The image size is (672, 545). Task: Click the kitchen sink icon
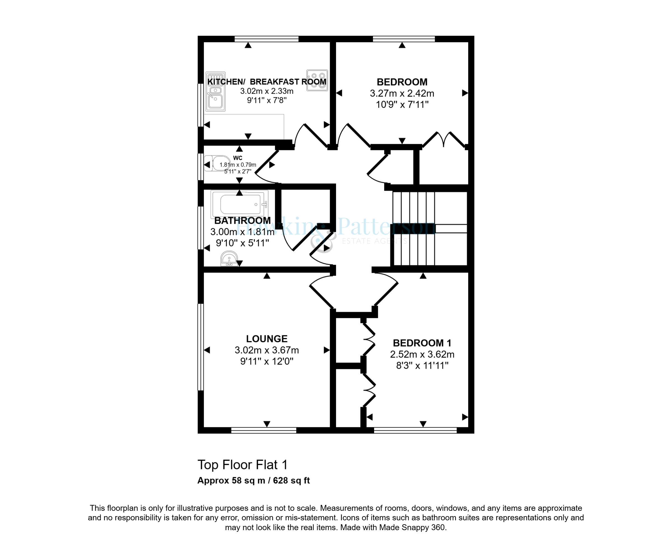pyautogui.click(x=215, y=91)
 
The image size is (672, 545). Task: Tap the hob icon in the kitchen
pyautogui.click(x=317, y=80)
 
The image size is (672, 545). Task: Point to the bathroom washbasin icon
pyautogui.click(x=229, y=259)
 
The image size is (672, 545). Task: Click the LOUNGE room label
pyautogui.click(x=267, y=339)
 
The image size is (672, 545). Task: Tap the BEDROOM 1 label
pyautogui.click(x=422, y=343)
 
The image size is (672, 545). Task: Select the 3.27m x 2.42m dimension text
pyautogui.click(x=402, y=93)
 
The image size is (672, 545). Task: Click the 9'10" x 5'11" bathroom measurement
pyautogui.click(x=242, y=243)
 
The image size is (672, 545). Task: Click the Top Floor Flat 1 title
pyautogui.click(x=242, y=465)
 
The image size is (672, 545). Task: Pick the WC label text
pyautogui.click(x=237, y=158)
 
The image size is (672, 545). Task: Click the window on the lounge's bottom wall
pyautogui.click(x=263, y=430)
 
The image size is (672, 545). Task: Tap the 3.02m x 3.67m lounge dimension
pyautogui.click(x=267, y=350)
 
